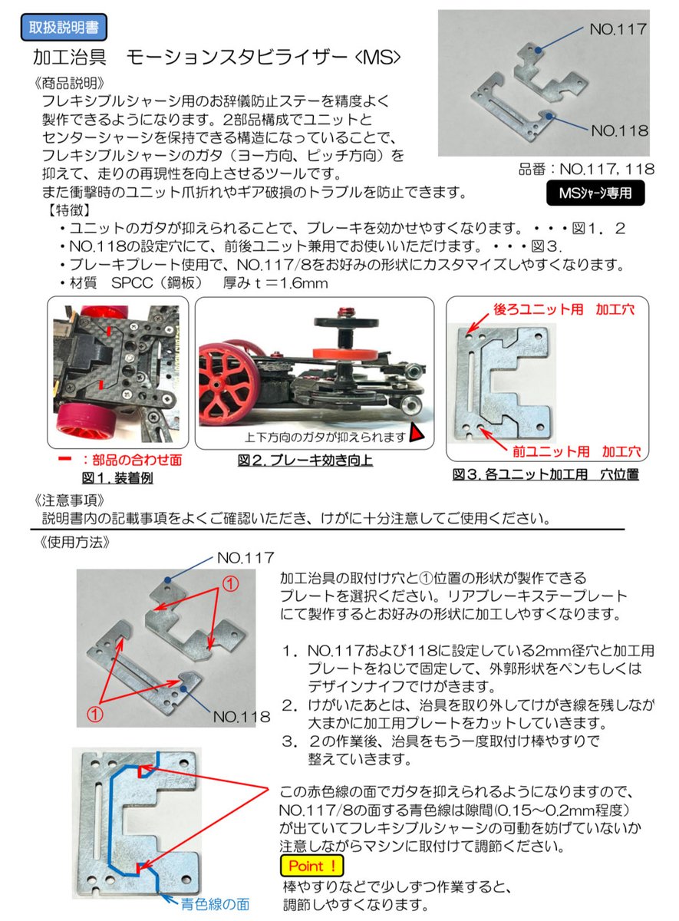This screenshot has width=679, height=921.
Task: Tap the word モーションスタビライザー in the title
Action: click(x=227, y=58)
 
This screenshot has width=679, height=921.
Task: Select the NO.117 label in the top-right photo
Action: click(x=618, y=29)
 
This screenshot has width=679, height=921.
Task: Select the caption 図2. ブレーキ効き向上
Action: click(x=305, y=461)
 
